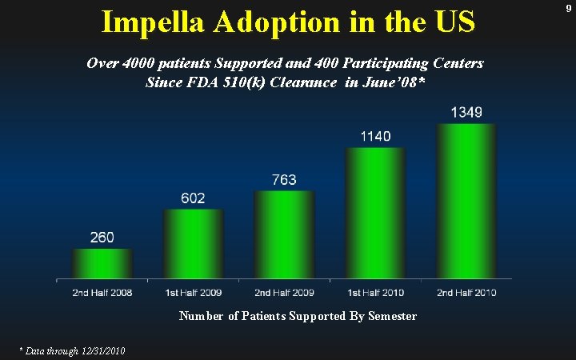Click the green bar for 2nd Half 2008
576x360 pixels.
point(102,263)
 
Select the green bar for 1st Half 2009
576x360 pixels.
point(193,243)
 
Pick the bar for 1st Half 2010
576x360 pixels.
point(375,213)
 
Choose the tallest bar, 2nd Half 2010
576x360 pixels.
point(466,200)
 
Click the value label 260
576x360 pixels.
point(102,238)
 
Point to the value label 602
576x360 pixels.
point(193,198)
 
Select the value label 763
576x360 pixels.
point(284,180)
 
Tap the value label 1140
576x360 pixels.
point(375,137)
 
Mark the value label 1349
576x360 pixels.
point(466,112)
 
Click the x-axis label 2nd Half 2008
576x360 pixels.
point(102,293)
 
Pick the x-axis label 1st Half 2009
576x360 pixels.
point(193,293)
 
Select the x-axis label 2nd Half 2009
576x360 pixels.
point(284,293)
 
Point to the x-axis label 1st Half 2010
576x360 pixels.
point(375,293)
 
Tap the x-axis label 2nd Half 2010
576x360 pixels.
point(466,293)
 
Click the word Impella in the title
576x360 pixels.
point(154,22)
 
